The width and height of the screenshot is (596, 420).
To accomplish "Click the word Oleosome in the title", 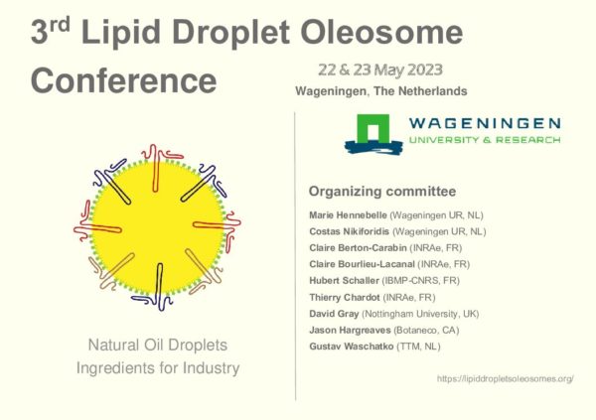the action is tap(381, 33).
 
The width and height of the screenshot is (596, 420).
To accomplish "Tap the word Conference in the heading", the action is tap(123, 80).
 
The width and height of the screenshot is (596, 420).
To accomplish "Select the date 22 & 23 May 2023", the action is tap(380, 70).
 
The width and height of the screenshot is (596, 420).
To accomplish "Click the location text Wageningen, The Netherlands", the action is tap(381, 91).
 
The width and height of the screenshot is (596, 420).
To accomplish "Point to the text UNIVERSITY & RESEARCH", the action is tap(485, 140).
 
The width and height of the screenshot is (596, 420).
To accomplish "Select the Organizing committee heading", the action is tap(382, 192).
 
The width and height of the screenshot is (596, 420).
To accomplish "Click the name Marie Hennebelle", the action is tap(348, 215).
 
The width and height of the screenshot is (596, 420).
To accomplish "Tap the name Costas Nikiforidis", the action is tap(350, 231).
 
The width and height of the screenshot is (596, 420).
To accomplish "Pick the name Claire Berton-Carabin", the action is tap(358, 248).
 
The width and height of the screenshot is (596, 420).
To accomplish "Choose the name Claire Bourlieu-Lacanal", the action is tap(362, 264).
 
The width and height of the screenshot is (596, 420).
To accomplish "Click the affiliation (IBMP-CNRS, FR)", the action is tap(421, 281).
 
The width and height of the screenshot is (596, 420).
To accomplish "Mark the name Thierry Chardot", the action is tap(345, 297).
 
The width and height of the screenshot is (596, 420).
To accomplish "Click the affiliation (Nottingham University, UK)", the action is tap(420, 314).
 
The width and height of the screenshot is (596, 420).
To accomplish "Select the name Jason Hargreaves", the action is tap(350, 330).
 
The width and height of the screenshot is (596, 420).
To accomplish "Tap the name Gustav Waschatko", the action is tap(352, 347).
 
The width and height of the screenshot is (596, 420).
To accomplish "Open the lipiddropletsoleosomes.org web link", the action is tap(506, 378).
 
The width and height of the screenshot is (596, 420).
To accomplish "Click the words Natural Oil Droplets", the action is tap(158, 346).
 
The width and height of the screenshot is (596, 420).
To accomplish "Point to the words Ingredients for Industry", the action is tap(158, 368).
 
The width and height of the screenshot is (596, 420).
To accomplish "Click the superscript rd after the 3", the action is tap(60, 24).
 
